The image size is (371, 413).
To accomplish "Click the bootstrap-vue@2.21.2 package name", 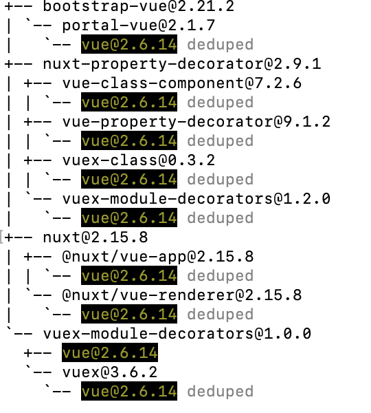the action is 138,6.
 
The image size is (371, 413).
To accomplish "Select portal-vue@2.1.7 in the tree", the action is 139,25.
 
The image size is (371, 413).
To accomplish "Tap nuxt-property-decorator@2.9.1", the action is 181,64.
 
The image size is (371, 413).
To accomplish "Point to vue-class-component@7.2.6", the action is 181,83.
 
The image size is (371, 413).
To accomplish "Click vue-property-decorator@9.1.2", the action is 196,122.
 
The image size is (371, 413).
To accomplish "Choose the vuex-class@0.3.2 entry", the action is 139,160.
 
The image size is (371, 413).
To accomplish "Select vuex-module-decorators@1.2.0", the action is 196,199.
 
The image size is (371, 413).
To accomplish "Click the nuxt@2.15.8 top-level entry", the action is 95,237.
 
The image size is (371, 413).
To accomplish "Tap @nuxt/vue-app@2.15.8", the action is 158,257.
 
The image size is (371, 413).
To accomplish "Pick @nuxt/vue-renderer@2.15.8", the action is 181,295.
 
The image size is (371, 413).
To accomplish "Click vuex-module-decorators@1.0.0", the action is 177,334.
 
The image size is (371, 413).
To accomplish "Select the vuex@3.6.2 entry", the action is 110,372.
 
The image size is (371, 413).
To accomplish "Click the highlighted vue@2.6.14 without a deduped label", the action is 110,352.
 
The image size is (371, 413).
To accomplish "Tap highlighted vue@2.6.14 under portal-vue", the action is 129,44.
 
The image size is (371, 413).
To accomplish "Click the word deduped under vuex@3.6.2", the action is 221,391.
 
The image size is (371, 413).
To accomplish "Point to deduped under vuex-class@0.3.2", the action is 221,180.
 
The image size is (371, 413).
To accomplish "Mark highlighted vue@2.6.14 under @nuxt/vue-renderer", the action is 129,314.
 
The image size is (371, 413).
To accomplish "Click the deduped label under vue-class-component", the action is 221,102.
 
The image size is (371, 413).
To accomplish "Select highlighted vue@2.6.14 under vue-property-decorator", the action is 129,140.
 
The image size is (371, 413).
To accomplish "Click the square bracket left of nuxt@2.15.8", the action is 1,237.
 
